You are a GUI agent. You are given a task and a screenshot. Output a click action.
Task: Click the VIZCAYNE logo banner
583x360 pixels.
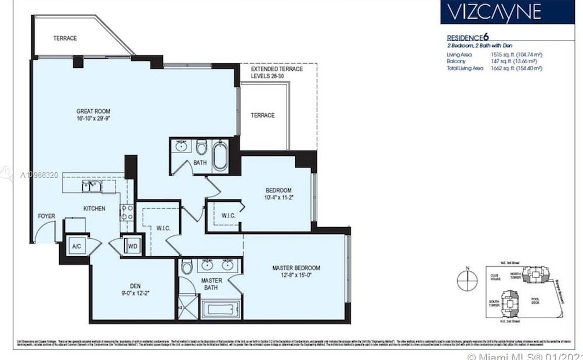coord(499,12)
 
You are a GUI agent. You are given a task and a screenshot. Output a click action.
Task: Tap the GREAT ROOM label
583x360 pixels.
coord(93,115)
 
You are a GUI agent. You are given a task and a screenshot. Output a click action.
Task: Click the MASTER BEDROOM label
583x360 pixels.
coord(296,271)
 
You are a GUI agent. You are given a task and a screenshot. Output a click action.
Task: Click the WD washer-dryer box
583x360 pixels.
coord(133,246)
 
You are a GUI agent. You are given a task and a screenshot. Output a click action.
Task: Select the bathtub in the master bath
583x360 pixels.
coord(221,308)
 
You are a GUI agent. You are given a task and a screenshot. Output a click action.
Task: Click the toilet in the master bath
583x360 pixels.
coord(187,267)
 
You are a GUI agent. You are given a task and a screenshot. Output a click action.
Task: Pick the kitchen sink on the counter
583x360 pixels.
coord(92,186)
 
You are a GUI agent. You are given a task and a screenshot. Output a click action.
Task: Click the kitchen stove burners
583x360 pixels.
coord(127,212)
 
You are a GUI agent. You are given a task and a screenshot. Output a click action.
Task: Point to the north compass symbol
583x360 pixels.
coord(466,281)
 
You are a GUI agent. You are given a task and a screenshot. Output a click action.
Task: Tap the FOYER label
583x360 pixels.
coord(47,216)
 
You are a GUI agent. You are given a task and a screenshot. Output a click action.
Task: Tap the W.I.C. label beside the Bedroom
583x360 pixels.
coord(228,216)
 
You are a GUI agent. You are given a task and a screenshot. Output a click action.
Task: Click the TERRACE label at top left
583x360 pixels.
coord(65,38)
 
